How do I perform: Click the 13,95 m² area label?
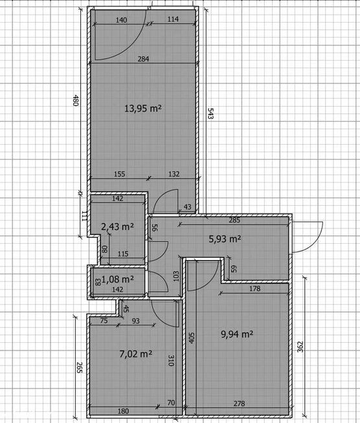coord(142,109)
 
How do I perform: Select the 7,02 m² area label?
coord(135,354)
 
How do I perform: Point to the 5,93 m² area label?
coord(224,239)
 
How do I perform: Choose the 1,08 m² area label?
coord(118,279)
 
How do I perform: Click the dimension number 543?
coord(209,113)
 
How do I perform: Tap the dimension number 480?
coord(76,100)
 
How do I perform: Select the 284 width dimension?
coord(142,60)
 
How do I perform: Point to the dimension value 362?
coord(300,347)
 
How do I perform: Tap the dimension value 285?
coord(234,219)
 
